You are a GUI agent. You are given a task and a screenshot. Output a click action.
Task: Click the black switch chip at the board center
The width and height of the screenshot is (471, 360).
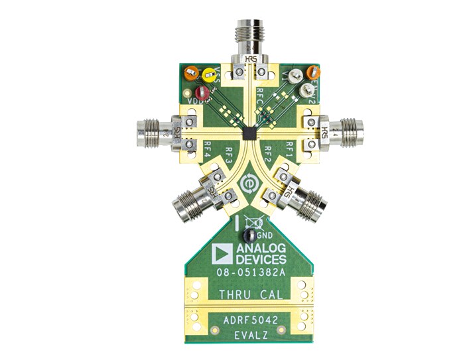click(x=247, y=133)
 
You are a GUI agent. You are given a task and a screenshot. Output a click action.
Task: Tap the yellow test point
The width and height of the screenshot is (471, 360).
click(x=210, y=75)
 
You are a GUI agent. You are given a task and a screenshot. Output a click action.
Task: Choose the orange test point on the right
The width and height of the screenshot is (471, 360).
click(x=312, y=71)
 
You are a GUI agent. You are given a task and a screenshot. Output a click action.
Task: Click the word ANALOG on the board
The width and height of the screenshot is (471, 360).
click(x=260, y=248)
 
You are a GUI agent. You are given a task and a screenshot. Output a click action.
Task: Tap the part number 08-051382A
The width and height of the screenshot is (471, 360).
click(x=249, y=273)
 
